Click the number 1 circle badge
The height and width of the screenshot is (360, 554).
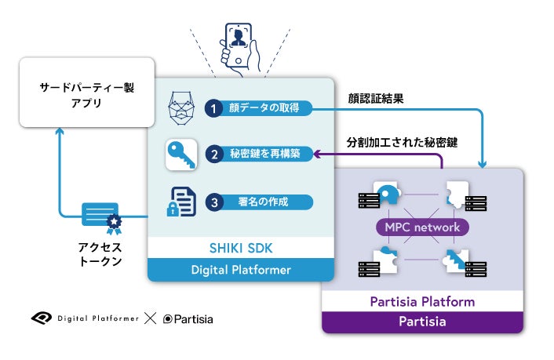click(213, 108)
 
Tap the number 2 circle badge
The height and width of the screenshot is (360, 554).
click(214, 154)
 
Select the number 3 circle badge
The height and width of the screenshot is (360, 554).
click(214, 202)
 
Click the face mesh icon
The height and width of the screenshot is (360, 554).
click(181, 108)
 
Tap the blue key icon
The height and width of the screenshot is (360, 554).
click(181, 155)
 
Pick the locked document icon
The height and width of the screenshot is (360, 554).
click(181, 202)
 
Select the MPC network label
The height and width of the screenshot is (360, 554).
click(422, 227)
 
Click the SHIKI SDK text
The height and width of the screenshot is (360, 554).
click(241, 248)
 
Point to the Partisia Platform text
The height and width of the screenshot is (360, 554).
click(422, 302)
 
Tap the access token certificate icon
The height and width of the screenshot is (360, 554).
click(102, 217)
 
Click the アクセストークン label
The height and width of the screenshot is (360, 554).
click(100, 254)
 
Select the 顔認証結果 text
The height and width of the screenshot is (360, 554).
click(376, 98)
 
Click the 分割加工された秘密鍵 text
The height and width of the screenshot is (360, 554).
click(402, 143)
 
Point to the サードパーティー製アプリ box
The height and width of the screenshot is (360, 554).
click(87, 93)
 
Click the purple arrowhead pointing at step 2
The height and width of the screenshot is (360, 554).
click(317, 154)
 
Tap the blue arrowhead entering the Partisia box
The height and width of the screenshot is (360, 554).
click(483, 164)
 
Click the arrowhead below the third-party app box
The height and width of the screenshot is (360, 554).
click(60, 131)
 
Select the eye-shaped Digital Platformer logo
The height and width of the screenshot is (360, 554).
click(42, 318)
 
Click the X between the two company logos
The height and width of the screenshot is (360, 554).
click(150, 318)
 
